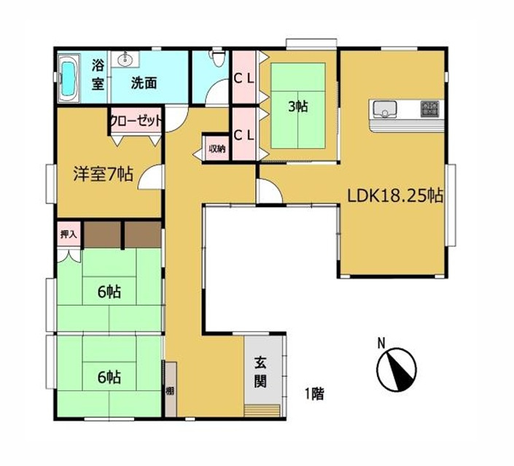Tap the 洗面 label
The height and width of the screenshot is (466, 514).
coord(144,83)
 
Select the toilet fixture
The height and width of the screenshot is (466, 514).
coord(214,58)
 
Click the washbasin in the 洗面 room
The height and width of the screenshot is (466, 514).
coord(127,59)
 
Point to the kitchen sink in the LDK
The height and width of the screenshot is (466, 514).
coord(384,109)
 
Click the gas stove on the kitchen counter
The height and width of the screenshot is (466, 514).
coord(429,109)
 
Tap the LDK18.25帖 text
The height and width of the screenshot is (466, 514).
coord(396,195)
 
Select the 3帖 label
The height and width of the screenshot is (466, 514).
coord(297,106)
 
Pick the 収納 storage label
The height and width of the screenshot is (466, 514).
coord(217,149)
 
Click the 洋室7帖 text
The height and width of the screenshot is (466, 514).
coord(102,174)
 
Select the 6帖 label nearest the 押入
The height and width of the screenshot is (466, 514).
coord(109,292)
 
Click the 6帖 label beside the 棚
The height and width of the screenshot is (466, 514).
coord(109,377)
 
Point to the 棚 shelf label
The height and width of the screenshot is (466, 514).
coord(170,391)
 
